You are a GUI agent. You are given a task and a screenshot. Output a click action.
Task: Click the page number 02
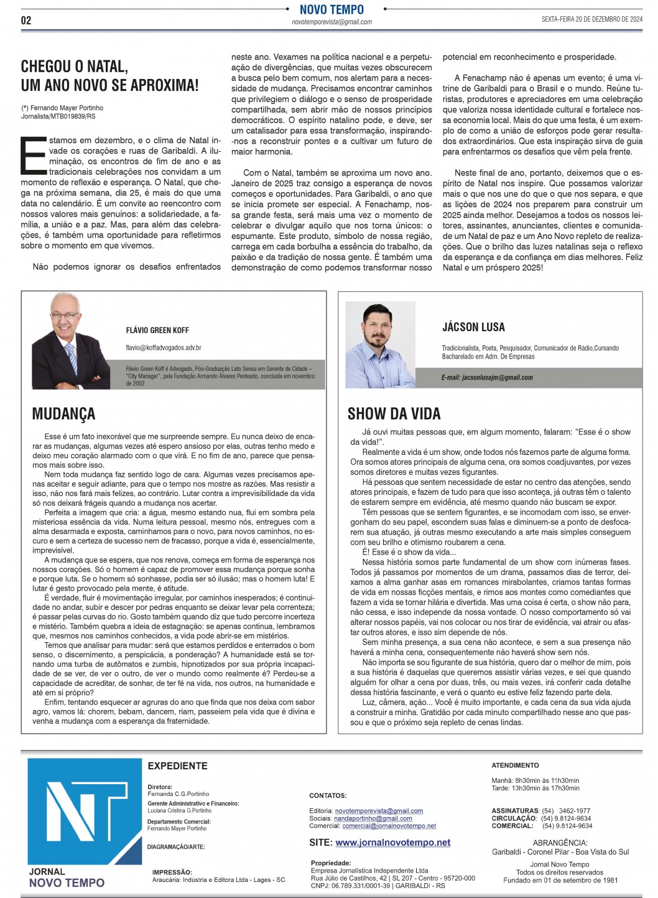(x=26, y=20)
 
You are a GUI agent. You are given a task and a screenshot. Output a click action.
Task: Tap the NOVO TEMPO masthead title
(x=331, y=9)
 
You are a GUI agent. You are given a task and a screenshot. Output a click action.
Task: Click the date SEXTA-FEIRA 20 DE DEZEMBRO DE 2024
(x=591, y=19)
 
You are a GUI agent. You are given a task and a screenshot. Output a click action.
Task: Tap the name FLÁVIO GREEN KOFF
(x=157, y=330)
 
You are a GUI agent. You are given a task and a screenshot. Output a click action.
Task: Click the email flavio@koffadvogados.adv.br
(x=164, y=348)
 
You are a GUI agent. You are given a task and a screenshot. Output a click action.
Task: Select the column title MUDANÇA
(x=63, y=414)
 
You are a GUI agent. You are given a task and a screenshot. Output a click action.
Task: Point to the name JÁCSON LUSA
(x=473, y=327)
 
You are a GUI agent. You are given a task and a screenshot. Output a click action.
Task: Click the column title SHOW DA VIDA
(x=394, y=414)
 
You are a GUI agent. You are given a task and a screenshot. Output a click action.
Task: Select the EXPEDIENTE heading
(x=177, y=766)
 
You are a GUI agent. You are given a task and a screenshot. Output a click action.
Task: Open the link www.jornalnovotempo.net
(x=392, y=843)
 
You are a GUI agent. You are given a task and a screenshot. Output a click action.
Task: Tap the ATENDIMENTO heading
(x=515, y=765)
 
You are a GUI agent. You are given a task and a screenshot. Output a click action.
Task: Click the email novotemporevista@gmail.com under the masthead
(x=331, y=22)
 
